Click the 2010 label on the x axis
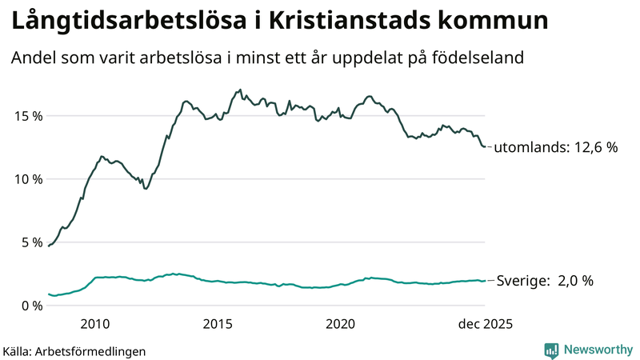[95, 324]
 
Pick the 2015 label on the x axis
[218, 324]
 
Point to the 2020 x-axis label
[341, 324]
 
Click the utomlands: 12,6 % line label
[556, 147]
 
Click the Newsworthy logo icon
[552, 350]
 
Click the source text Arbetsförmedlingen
[96, 351]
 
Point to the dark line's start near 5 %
[49, 246]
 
